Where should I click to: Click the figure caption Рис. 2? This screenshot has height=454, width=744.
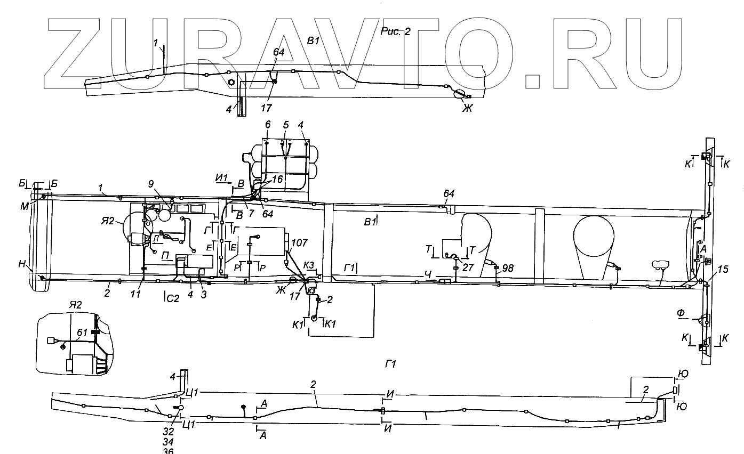[396, 31]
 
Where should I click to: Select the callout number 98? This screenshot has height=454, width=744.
[508, 268]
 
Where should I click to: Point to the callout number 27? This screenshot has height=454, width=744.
[468, 267]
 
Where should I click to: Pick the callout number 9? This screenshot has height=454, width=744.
[151, 184]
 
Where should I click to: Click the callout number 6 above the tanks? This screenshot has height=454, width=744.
[268, 124]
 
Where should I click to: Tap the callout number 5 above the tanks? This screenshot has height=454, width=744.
[286, 124]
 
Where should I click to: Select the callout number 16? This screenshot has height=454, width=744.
[277, 180]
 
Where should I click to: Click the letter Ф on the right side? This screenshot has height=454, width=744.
[681, 313]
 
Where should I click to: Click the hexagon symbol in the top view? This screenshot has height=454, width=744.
[232, 82]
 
